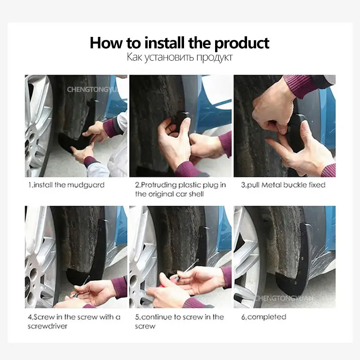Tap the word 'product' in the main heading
pos(242,44)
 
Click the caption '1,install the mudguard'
pos(66,185)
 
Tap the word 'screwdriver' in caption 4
pos(48,326)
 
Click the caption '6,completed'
pos(264,317)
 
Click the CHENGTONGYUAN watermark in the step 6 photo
pos(284,298)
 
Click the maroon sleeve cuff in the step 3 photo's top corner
pos(298,86)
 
